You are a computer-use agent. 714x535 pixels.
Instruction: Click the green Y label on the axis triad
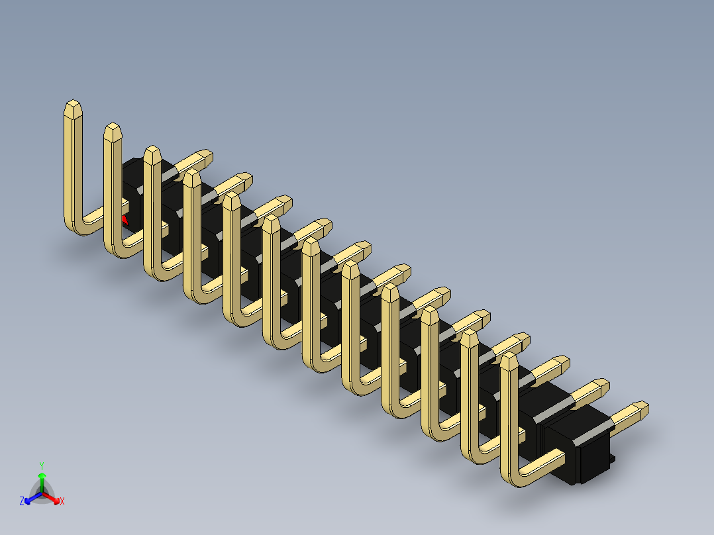42,465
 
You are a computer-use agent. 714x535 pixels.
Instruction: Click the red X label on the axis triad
62,502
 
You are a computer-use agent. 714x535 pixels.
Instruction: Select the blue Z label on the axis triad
22,502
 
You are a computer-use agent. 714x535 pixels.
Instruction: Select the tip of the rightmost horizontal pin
641,408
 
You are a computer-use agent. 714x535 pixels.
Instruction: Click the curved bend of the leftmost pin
77,226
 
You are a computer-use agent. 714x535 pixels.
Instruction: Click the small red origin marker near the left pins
124,218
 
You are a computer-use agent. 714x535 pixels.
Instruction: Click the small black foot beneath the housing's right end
612,459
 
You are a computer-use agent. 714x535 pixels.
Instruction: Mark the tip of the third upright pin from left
152,152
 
